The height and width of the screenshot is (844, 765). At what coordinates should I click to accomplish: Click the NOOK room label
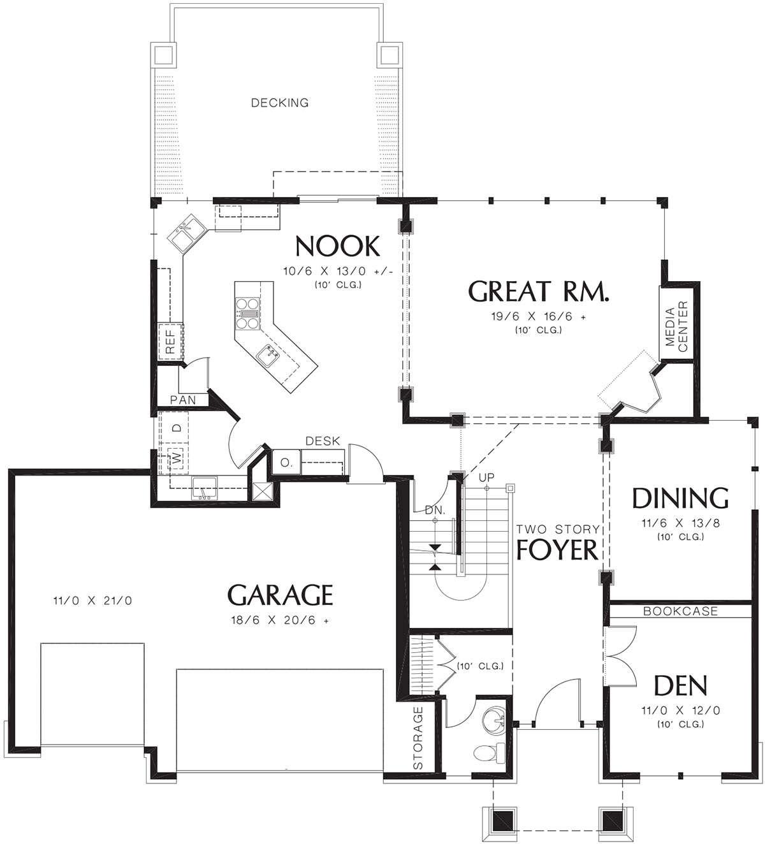point(337,246)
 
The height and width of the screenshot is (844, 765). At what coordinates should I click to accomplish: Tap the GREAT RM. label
point(539,291)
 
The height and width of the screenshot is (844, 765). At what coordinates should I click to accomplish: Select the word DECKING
point(280,103)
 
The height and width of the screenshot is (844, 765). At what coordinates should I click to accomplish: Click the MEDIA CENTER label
point(676,326)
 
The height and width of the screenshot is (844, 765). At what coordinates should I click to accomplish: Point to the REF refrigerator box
point(170,341)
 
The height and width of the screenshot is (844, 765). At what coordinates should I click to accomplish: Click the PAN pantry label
point(183,400)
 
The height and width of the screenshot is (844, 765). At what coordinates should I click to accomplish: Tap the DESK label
point(323,441)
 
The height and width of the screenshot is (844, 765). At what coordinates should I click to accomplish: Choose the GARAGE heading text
point(280,595)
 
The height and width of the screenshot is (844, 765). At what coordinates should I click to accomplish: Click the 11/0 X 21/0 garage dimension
point(92,600)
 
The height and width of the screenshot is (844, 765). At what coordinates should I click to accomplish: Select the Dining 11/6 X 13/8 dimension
point(680,523)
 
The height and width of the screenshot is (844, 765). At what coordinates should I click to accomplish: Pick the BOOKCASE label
point(680,611)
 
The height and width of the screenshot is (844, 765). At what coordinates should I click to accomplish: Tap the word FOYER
point(557,549)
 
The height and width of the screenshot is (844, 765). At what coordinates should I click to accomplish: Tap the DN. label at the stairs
point(435,511)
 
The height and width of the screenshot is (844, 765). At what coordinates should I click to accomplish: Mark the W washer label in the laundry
point(178,458)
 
